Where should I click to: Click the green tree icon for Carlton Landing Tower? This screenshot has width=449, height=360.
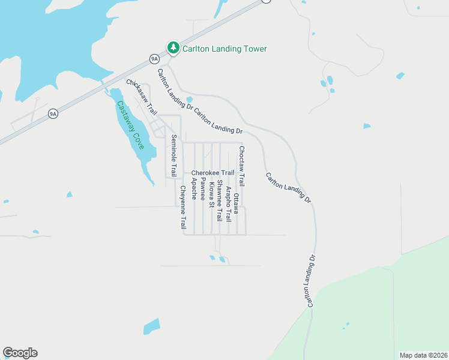coord(173,47)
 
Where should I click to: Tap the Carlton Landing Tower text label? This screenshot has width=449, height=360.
coord(224,49)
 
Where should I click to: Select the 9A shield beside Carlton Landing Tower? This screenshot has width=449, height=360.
coord(154,58)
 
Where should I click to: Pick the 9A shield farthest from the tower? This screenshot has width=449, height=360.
coord(53,113)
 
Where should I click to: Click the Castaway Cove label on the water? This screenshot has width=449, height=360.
coord(130,125)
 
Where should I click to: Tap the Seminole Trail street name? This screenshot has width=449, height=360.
coord(174,155)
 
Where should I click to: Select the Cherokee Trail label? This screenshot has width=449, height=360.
coord(212,173)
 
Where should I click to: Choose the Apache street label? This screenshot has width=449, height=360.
coord(194,187)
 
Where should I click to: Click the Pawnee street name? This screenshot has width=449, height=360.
coord(203,188)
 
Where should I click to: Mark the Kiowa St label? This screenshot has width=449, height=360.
coord(211,193)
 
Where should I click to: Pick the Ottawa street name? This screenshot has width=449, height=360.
coord(237,203)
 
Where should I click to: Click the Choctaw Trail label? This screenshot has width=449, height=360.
coord(242,166)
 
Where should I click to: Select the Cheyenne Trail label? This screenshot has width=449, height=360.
coord(183,207)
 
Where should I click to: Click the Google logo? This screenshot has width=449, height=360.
coord(20,353)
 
